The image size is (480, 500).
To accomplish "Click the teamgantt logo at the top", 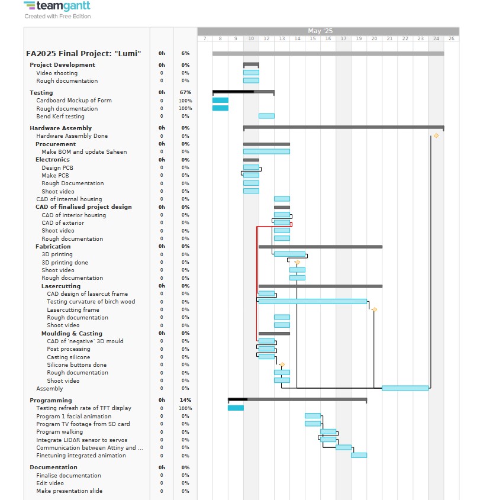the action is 57,6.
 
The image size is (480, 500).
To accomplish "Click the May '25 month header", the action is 320,31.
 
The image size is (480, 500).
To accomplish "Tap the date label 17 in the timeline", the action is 343,38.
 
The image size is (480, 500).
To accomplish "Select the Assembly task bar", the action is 405,388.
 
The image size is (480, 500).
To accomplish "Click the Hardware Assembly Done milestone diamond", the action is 436,136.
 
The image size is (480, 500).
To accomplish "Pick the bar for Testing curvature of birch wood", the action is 313,301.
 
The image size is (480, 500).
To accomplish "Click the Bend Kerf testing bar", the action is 266,116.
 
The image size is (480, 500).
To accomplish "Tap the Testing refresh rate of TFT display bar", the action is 236,408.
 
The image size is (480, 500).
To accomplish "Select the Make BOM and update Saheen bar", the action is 266,151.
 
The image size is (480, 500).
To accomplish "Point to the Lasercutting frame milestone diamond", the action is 375,309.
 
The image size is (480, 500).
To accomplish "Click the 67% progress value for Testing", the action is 185,92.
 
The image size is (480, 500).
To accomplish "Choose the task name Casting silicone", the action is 68,357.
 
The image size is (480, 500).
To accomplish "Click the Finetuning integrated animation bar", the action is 359,455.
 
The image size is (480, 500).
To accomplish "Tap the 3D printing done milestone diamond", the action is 297,262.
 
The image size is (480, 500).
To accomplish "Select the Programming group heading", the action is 51,400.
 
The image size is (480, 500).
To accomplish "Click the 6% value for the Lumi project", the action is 185,53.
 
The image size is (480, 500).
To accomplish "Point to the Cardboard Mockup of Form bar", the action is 220,100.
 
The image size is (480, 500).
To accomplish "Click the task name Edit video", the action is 50,483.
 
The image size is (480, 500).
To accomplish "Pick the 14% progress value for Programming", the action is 185,400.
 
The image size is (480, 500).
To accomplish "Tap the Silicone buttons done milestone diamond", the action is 282,364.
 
